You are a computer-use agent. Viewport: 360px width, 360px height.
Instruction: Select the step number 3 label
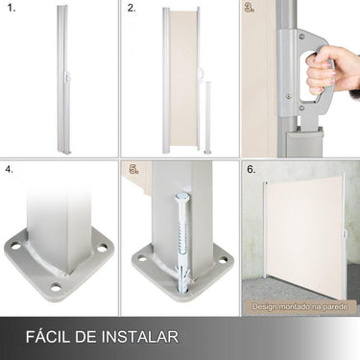(250, 10)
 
